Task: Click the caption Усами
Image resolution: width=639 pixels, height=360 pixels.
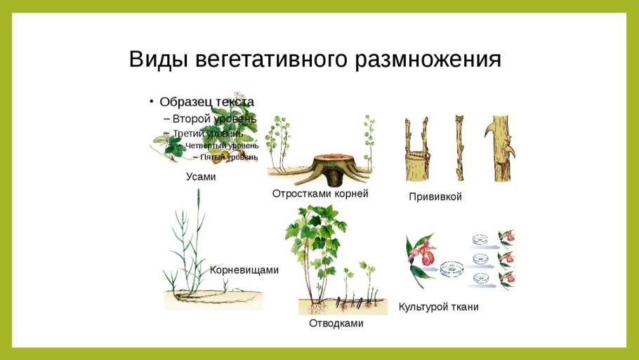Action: coord(201,177)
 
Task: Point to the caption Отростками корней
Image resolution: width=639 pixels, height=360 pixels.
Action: coord(320,194)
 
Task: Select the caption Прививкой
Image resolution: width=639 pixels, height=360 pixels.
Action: coord(435,197)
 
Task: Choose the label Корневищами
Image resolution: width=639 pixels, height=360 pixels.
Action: coord(244,269)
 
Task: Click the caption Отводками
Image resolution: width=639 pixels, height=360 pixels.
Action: coord(336,324)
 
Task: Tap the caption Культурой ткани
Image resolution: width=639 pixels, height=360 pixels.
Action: coord(439,307)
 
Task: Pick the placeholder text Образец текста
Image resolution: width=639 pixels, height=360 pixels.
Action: coord(206,102)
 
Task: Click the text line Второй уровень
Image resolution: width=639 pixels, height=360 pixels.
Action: coord(209,118)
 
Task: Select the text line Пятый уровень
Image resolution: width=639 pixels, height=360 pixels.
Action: coord(228,157)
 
